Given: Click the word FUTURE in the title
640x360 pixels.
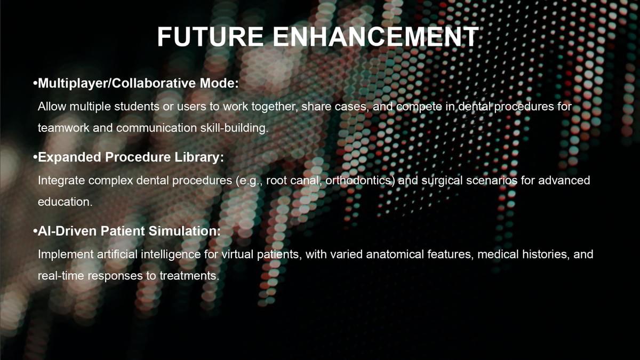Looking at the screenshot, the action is [210, 37].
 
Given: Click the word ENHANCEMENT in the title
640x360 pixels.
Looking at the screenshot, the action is [375, 37].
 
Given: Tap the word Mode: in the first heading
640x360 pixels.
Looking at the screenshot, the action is [219, 83].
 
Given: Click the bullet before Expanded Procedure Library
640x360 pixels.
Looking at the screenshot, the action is [35, 157].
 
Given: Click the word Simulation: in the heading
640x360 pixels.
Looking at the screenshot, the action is [185, 231].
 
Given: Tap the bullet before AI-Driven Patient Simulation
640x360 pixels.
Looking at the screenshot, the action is [35, 231].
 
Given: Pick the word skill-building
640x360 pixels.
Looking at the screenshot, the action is [234, 128].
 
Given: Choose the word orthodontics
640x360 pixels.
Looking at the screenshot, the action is [360, 181].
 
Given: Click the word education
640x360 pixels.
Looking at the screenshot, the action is [65, 202].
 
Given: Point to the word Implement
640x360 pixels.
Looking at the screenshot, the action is [66, 254].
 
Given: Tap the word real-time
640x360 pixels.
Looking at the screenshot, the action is [61, 276].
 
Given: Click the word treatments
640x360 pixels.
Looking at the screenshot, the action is [189, 276].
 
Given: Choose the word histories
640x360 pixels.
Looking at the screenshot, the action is [545, 254].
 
